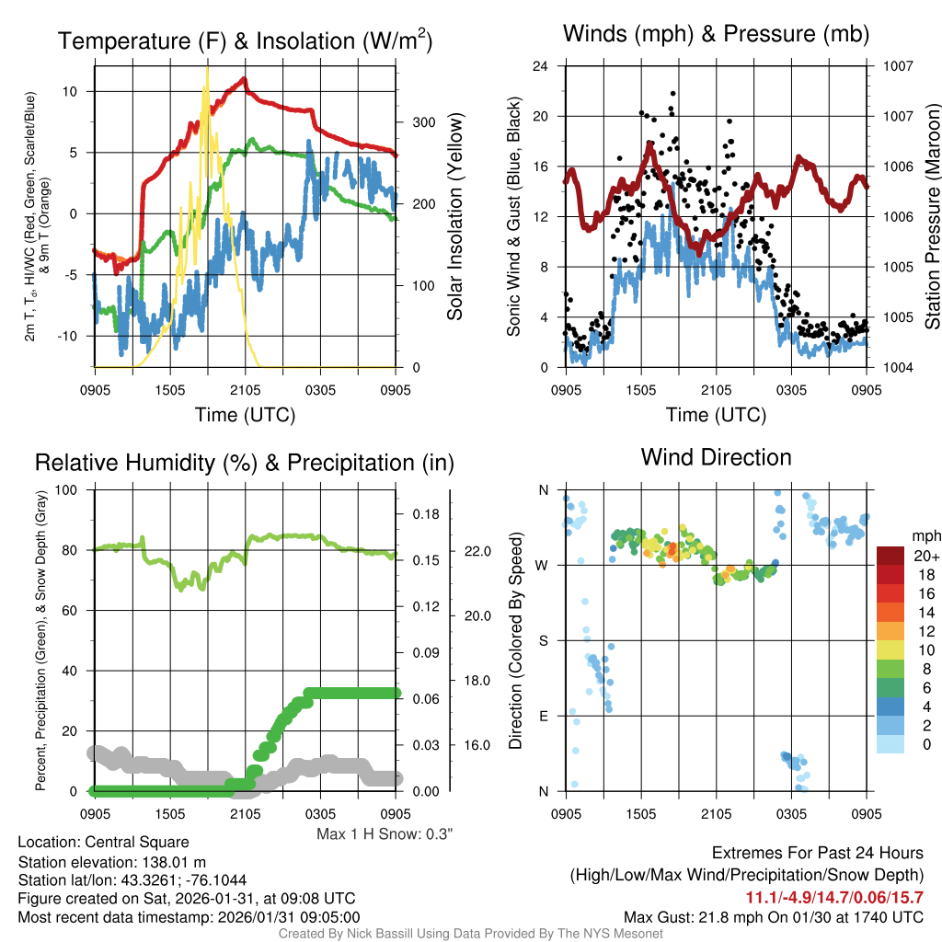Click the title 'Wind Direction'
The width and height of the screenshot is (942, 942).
point(716,457)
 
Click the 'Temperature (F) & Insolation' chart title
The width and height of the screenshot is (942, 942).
point(245,41)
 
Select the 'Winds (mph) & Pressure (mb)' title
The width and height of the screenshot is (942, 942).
point(716,35)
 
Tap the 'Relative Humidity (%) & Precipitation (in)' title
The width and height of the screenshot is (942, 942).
point(245,463)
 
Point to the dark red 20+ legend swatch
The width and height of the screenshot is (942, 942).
point(892,556)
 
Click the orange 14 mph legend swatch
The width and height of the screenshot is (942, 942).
point(892,612)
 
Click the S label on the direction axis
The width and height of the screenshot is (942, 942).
point(543,640)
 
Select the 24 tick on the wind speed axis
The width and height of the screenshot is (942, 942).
point(542,66)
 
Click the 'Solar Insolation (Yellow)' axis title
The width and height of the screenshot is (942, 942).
point(454,216)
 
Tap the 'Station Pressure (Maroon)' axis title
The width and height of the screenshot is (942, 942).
point(932,216)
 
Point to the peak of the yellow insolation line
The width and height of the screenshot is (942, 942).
point(207,67)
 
